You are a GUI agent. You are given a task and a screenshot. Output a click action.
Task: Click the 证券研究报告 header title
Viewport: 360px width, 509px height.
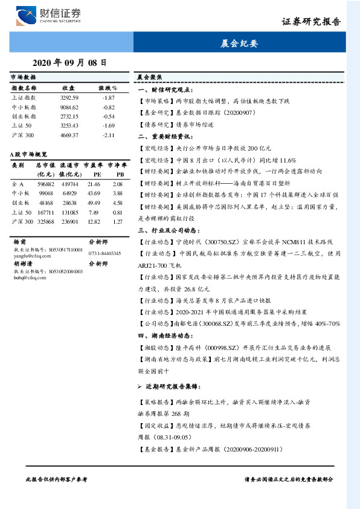pyautogui.click(x=311, y=22)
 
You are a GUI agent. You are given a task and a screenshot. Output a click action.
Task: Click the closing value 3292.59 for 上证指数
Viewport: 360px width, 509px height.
pyautogui.click(x=70, y=97)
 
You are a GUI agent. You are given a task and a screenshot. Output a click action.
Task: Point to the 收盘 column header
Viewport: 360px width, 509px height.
pyautogui.click(x=68, y=88)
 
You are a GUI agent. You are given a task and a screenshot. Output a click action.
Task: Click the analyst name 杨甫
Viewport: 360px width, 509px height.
pyautogui.click(x=20, y=241)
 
